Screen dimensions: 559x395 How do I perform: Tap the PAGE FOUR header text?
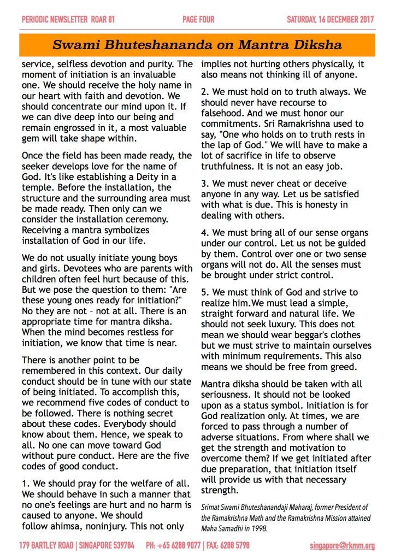pos(197,20)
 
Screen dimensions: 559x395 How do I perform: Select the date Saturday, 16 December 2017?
pos(331,20)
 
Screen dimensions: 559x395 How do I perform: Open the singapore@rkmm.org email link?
pos(342,545)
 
